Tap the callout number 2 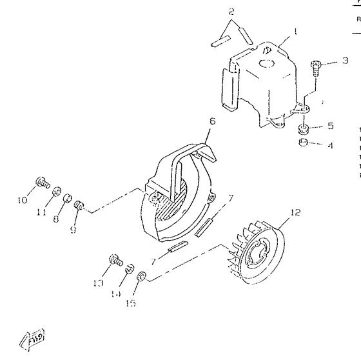pos(231,12)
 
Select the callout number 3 pos(346,61)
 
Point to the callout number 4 pos(330,146)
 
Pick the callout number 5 pos(330,126)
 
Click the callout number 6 pos(212,121)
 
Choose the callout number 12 pos(295,212)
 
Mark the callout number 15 pos(131,303)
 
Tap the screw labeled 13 pos(116,260)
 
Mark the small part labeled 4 pos(302,143)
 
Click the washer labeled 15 pos(142,277)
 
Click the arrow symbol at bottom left pos(34,337)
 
